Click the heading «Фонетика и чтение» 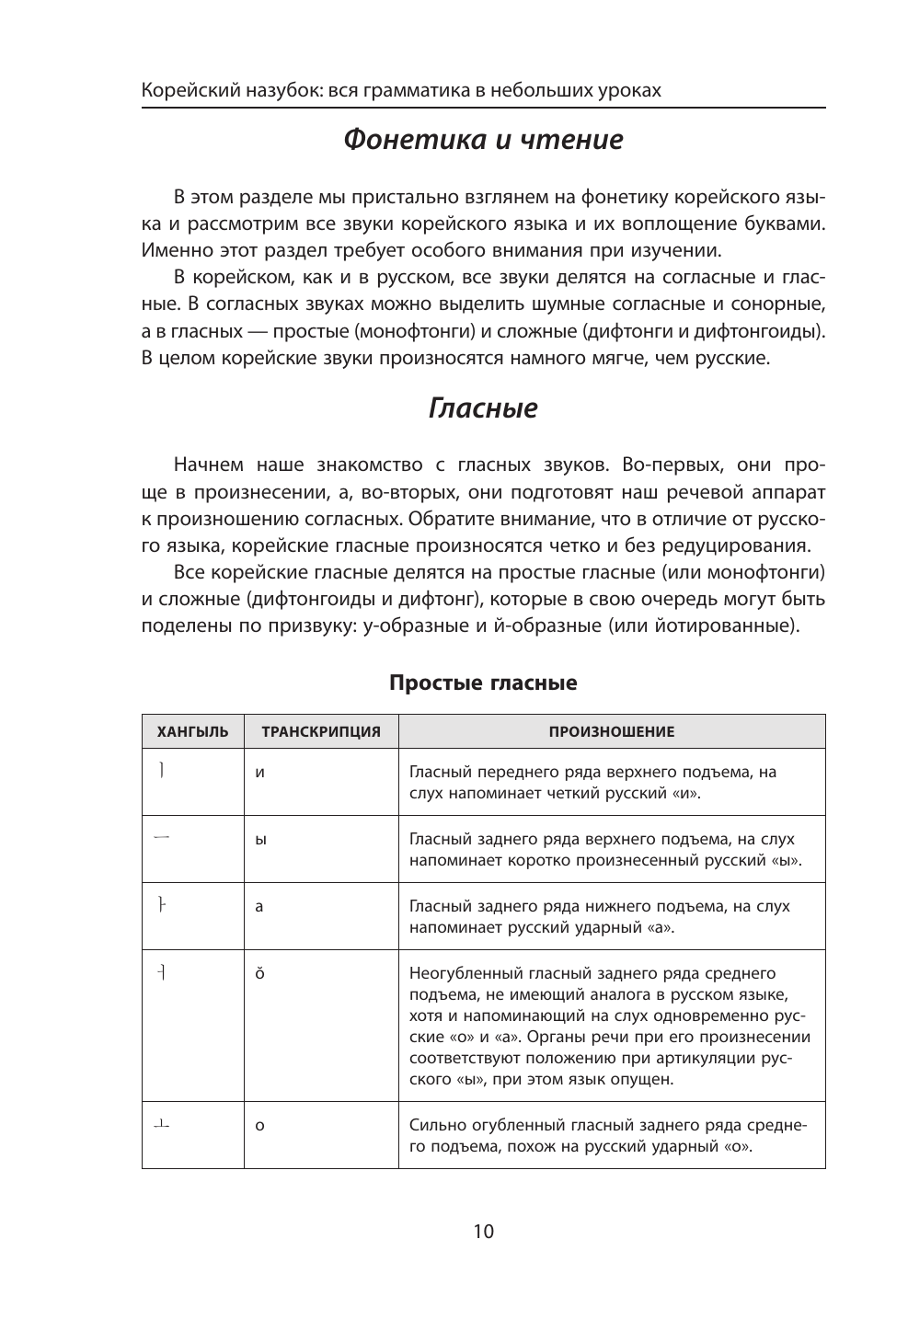point(483,140)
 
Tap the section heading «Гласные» point(483,408)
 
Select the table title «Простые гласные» point(483,683)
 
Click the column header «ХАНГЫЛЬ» point(192,732)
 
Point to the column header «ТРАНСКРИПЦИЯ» point(321,732)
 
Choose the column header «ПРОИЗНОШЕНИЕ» point(611,732)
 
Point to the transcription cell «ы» point(260,840)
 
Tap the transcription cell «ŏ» point(259,973)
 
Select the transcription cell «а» point(259,907)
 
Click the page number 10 point(483,1232)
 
